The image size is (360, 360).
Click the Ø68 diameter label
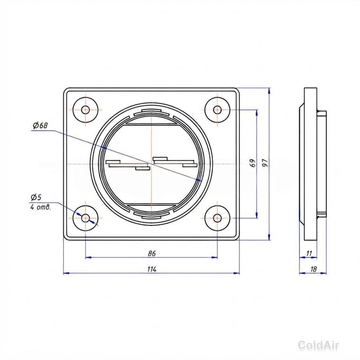coord(40,126)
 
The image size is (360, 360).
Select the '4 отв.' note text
coord(40,207)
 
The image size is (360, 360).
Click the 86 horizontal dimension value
coord(152,253)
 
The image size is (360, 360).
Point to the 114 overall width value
coord(152,269)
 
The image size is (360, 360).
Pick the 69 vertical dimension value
coord(252,163)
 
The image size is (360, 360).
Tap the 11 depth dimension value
coord(309,253)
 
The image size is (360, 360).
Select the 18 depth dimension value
coord(313,269)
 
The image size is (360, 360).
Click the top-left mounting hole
coord(85,110)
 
